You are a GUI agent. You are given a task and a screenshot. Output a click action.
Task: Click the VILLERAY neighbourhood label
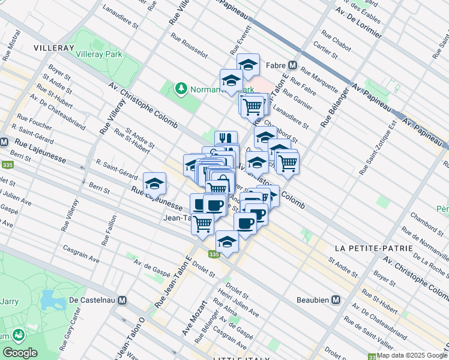(53, 47)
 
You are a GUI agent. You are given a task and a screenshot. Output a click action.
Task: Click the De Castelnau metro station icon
(122, 299)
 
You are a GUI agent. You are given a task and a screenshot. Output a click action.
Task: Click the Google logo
(20, 353)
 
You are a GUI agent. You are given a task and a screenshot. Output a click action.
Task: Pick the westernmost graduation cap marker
(155, 182)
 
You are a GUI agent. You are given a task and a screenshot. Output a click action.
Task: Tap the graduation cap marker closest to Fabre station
(247, 64)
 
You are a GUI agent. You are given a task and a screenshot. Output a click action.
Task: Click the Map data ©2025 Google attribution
(411, 355)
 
